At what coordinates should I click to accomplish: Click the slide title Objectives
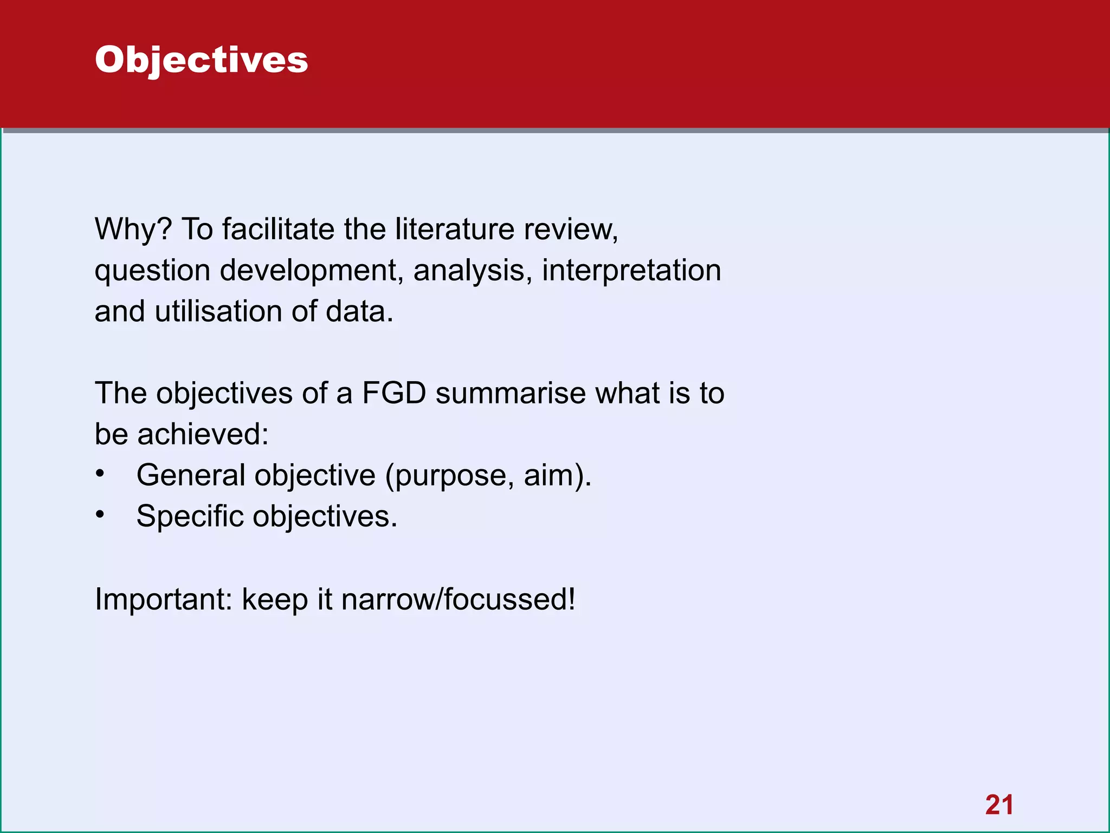201,60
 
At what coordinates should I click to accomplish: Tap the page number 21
999,805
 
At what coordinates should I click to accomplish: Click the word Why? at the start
133,229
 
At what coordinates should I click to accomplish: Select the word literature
454,229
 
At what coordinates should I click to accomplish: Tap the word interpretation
631,271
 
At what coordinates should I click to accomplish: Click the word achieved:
203,434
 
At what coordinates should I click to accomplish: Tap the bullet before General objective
100,474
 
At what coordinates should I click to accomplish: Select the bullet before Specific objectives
100,515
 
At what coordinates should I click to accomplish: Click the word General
191,476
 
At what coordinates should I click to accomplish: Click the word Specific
190,516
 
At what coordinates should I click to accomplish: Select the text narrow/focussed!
459,600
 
